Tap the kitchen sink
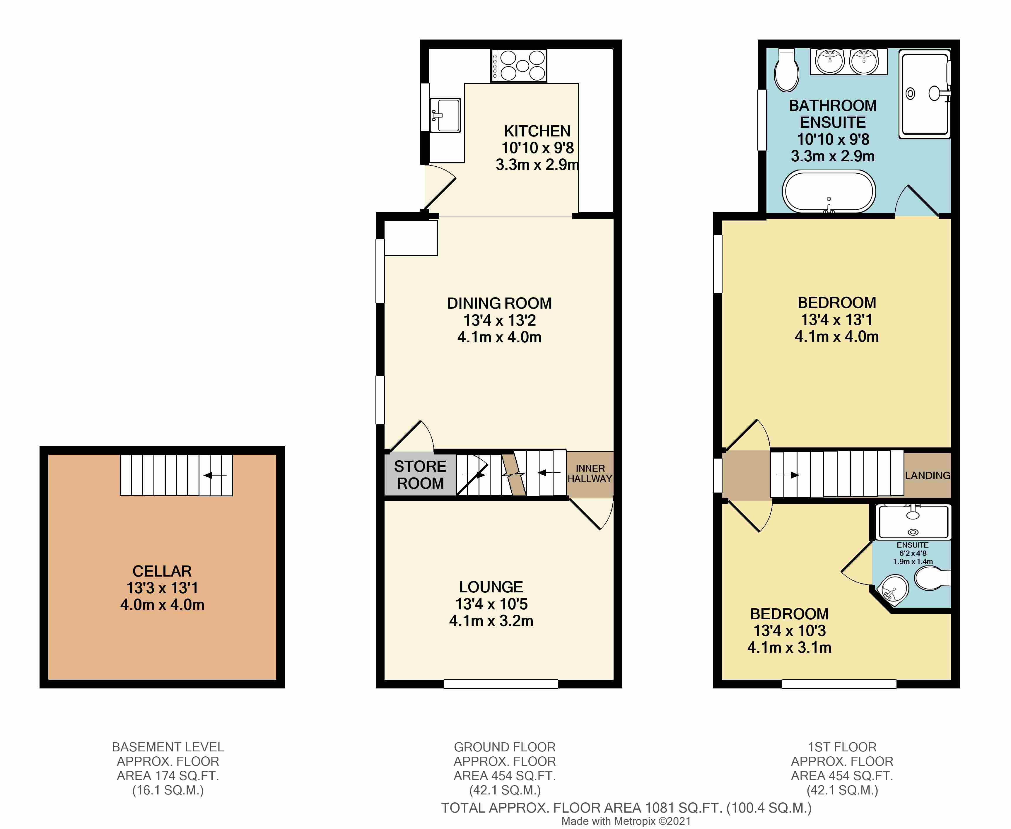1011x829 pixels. [x=445, y=115]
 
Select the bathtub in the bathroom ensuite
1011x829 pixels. [x=829, y=192]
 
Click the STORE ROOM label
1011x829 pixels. [x=420, y=475]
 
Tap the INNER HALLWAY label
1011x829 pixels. [x=590, y=474]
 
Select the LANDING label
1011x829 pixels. [x=928, y=476]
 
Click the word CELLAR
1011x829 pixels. [x=162, y=571]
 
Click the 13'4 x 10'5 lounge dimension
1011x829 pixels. [x=491, y=604]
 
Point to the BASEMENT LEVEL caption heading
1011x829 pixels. [x=168, y=747]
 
